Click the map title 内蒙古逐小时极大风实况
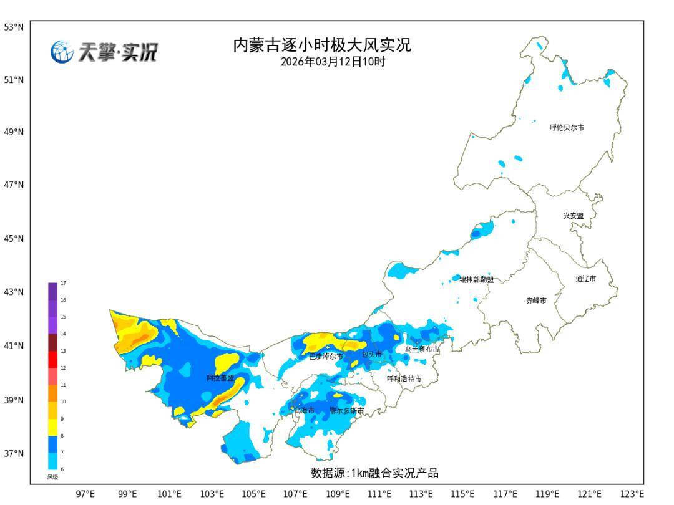[322, 46]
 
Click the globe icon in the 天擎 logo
[61, 52]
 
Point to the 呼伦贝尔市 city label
[567, 128]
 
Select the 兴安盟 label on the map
[574, 216]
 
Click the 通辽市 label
[585, 279]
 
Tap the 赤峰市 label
[536, 301]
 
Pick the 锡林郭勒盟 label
[477, 280]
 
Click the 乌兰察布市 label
[422, 350]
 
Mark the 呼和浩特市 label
[404, 379]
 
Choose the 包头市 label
[371, 354]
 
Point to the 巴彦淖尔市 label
[326, 357]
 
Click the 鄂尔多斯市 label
[347, 411]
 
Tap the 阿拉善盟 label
[220, 378]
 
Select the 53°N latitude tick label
[14, 27]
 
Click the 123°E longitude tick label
[633, 494]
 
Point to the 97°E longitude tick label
[85, 494]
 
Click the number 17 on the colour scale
[63, 283]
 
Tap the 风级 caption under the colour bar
[52, 477]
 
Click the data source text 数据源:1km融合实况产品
[374, 473]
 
